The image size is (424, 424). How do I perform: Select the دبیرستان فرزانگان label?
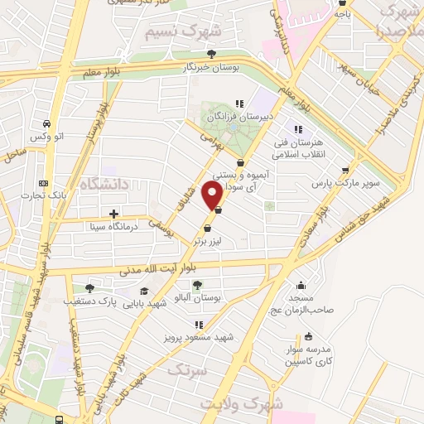coord(240,117)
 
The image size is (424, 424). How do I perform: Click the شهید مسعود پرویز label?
coord(200,338)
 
